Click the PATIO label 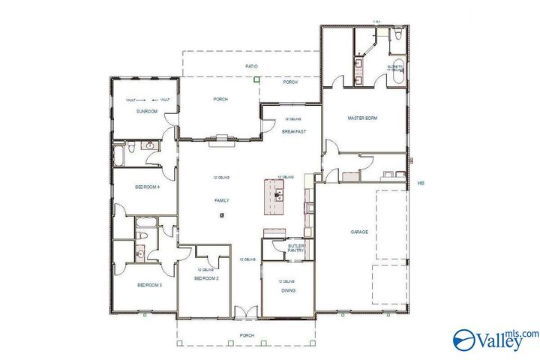coord(252,67)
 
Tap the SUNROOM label coord(146,111)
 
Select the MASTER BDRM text coord(361,118)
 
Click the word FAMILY coord(221,200)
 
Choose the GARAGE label coord(359,232)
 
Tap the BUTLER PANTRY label coord(297,248)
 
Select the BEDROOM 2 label coord(205,278)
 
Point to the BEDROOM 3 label coord(148,285)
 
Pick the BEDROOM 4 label coord(147,187)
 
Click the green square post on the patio coord(256,78)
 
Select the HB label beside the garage coord(421,184)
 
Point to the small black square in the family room coord(222,215)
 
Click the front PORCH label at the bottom coord(247,335)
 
